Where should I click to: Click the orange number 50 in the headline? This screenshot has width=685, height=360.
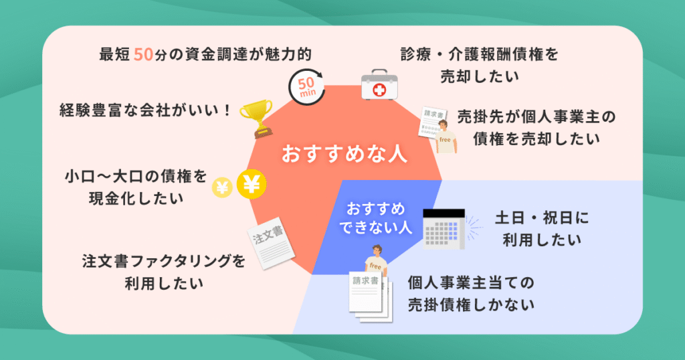(x=144, y=55)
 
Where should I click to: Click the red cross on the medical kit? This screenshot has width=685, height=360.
(x=379, y=89)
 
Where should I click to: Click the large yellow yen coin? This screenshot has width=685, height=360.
(x=250, y=185)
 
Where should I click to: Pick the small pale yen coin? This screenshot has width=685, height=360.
(x=221, y=188)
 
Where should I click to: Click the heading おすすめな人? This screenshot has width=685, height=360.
(x=344, y=153)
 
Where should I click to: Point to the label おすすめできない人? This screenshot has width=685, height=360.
(x=371, y=217)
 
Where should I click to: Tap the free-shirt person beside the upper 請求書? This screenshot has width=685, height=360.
(x=446, y=139)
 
